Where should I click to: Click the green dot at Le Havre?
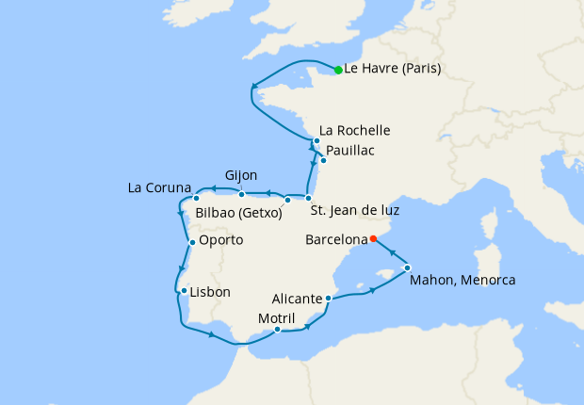338,70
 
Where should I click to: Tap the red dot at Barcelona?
373,238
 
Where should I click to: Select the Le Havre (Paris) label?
393,69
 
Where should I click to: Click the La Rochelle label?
355,130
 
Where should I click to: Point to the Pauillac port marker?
323,160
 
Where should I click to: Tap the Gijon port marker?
242,195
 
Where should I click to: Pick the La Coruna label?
160,187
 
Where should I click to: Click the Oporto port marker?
192,243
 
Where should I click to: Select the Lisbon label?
210,292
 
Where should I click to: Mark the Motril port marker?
278,330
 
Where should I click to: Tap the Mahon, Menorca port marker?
407,268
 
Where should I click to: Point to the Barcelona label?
336,240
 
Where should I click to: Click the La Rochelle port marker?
317,141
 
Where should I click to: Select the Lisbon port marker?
184,291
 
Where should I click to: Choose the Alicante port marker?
327,300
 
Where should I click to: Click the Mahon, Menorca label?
463,280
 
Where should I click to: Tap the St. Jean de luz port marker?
308,198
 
